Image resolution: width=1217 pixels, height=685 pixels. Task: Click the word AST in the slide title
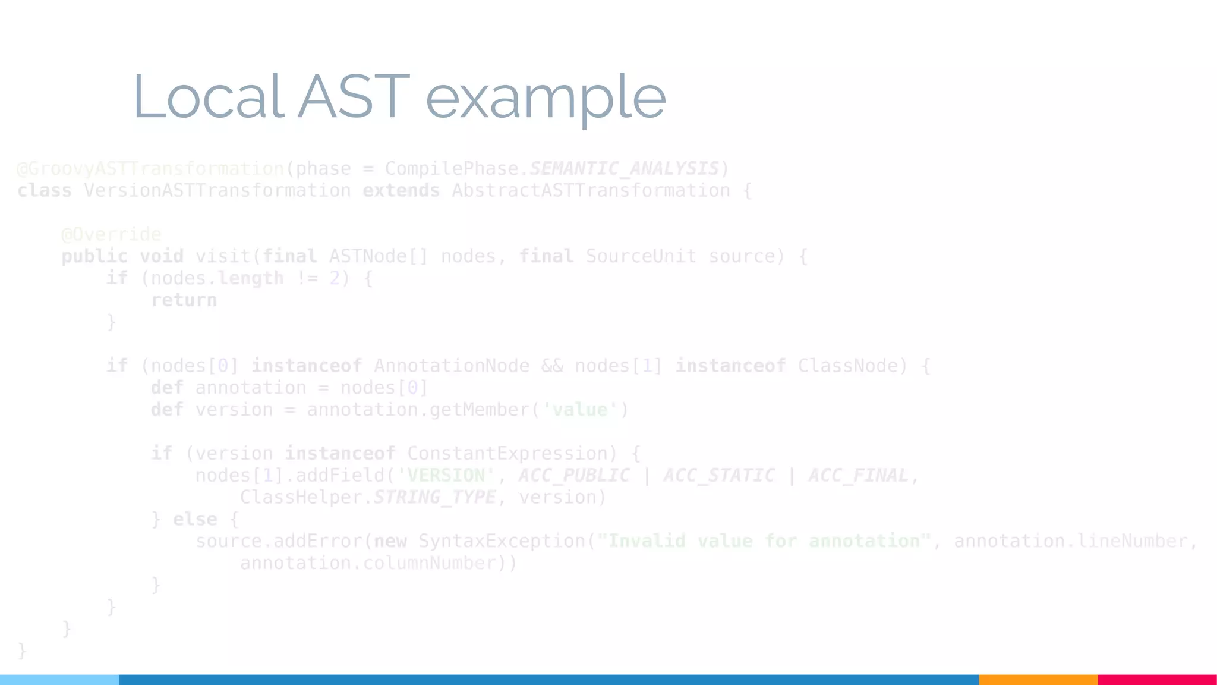(354, 96)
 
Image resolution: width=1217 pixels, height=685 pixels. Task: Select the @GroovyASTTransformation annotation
(150, 169)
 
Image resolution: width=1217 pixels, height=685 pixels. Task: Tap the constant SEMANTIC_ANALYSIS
(623, 169)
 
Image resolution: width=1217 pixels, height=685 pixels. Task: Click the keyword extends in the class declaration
(401, 191)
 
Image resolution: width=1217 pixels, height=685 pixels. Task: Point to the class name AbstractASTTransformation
(591, 191)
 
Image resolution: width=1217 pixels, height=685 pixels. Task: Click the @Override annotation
(111, 234)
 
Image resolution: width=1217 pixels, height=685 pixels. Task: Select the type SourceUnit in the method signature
(641, 256)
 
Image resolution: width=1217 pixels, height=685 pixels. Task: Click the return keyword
(184, 300)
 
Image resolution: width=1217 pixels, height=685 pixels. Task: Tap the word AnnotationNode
(451, 366)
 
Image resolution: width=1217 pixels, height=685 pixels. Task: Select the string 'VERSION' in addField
(446, 476)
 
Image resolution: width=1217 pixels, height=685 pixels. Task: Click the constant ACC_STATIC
(719, 476)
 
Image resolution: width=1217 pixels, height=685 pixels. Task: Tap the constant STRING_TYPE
(434, 497)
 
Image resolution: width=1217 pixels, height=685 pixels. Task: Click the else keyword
(195, 519)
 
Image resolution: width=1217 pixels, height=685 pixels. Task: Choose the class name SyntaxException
(502, 541)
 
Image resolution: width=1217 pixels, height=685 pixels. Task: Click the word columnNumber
(429, 563)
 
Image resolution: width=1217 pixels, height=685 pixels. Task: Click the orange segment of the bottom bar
(1038, 680)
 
